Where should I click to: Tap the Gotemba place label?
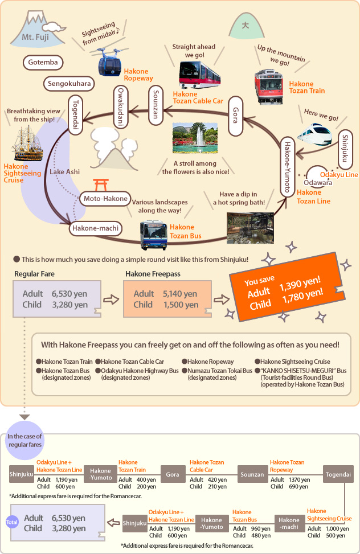click(x=43, y=62)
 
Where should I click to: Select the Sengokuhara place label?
click(x=68, y=84)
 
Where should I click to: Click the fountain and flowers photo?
click(x=195, y=138)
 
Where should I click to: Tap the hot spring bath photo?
click(x=249, y=227)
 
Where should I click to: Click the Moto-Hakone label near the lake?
click(x=103, y=199)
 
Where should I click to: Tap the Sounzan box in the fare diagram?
click(x=252, y=474)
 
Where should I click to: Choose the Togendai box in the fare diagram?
click(x=339, y=474)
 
